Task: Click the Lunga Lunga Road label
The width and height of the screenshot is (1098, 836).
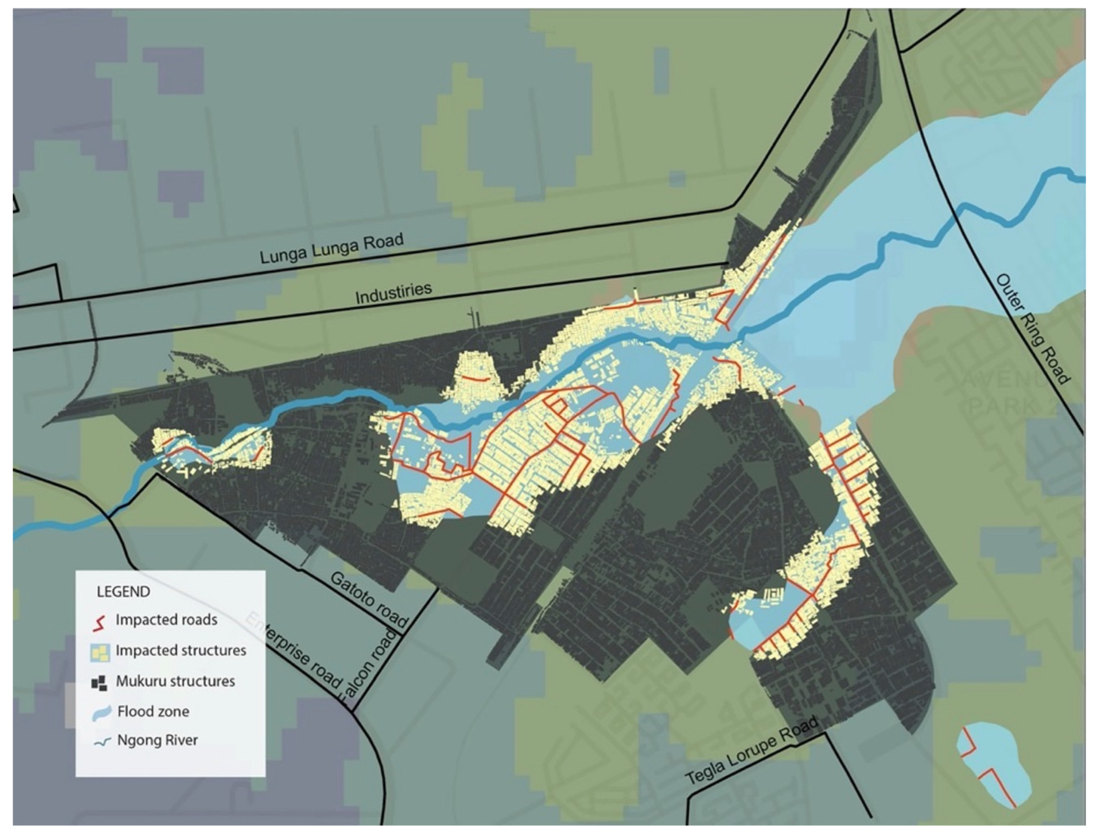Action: [x=332, y=248]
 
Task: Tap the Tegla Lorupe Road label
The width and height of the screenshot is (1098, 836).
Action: [x=751, y=751]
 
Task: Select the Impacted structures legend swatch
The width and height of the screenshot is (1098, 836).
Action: [x=100, y=652]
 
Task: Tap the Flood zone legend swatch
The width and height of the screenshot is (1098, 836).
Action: [x=101, y=712]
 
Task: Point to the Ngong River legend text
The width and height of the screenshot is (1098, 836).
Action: [x=157, y=740]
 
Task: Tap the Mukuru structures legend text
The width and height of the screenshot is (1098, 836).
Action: [x=175, y=681]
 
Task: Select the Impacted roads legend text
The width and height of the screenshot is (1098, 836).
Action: [x=166, y=620]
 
